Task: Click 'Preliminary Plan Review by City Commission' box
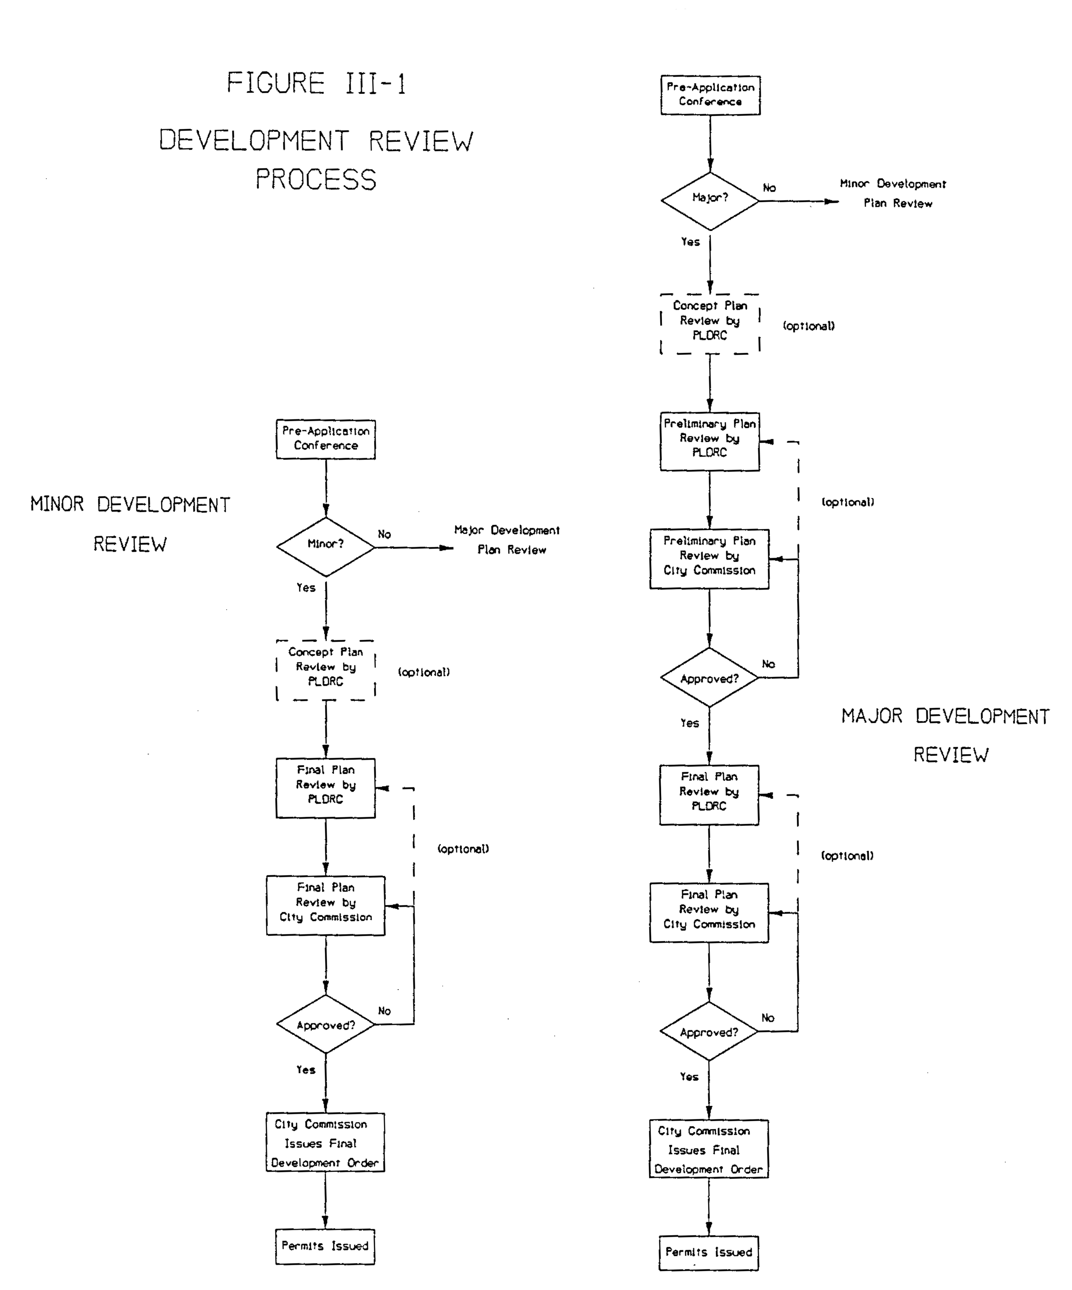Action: tap(709, 558)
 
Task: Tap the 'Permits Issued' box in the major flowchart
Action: tap(708, 1252)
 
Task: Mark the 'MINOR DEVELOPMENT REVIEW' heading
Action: tap(130, 523)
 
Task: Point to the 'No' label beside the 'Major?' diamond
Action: tap(769, 188)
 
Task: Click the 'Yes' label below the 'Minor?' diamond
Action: tap(306, 588)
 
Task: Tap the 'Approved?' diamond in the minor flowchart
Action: tap(325, 1025)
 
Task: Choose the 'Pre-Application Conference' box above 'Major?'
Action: tap(710, 95)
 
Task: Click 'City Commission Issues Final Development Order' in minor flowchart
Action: tap(325, 1143)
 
